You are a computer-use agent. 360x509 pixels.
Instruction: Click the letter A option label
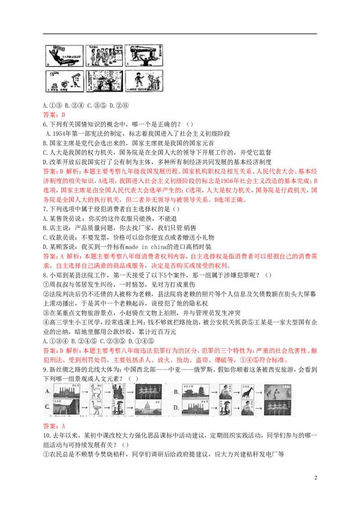click(x=47, y=391)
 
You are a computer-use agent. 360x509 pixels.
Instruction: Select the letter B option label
click(x=176, y=391)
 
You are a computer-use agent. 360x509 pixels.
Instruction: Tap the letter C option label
click(x=47, y=407)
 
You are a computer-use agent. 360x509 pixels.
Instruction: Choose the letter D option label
click(x=176, y=407)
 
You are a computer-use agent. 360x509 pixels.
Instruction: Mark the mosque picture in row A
click(x=67, y=391)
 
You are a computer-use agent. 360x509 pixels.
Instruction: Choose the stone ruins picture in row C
click(x=67, y=407)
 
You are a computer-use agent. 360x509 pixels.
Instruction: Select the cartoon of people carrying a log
click(x=144, y=56)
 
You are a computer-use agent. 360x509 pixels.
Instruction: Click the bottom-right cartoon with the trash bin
click(x=144, y=81)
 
